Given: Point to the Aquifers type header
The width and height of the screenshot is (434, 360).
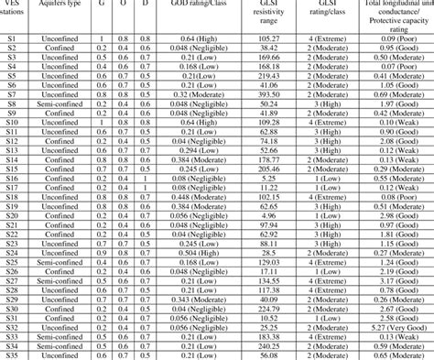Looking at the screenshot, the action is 60,5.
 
